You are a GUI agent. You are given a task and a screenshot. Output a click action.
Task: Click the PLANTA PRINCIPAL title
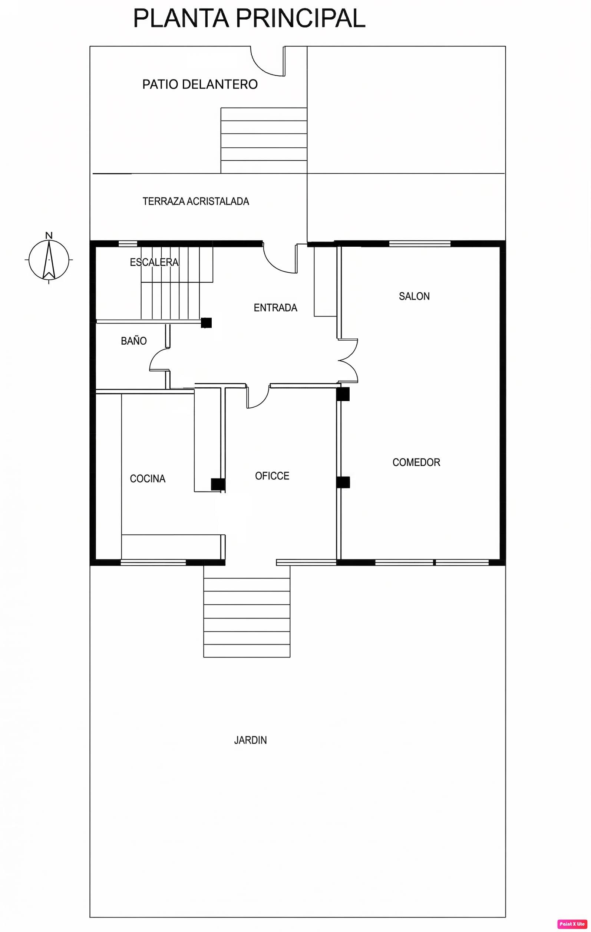(x=249, y=19)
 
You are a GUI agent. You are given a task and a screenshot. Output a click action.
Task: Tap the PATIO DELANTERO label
(x=200, y=84)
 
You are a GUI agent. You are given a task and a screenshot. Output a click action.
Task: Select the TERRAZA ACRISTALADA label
(x=196, y=201)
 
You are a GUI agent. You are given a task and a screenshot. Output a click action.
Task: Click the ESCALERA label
(x=154, y=262)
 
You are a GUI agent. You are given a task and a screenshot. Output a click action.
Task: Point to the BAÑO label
(x=134, y=341)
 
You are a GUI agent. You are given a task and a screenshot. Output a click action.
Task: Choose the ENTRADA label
(x=275, y=308)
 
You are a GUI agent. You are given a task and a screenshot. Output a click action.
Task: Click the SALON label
(x=414, y=296)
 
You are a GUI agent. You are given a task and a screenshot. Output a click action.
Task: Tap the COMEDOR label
(x=416, y=462)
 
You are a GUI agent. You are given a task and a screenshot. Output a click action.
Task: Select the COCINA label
(x=147, y=479)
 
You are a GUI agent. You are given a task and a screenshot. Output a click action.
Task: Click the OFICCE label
(x=272, y=476)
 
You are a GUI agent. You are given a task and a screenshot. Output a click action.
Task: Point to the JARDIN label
(x=250, y=740)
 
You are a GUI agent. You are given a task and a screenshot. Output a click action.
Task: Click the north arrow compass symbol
(x=49, y=260)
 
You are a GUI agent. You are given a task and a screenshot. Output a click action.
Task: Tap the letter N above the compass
(x=49, y=235)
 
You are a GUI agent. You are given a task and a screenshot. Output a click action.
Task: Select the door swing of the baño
(x=155, y=355)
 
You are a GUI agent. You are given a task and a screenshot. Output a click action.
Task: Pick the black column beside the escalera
(x=206, y=323)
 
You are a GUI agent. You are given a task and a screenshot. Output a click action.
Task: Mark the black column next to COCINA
(x=218, y=484)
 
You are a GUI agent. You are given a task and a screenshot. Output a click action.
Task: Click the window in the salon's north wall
(x=420, y=243)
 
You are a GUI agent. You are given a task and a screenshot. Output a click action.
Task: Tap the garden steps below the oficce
(x=247, y=611)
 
